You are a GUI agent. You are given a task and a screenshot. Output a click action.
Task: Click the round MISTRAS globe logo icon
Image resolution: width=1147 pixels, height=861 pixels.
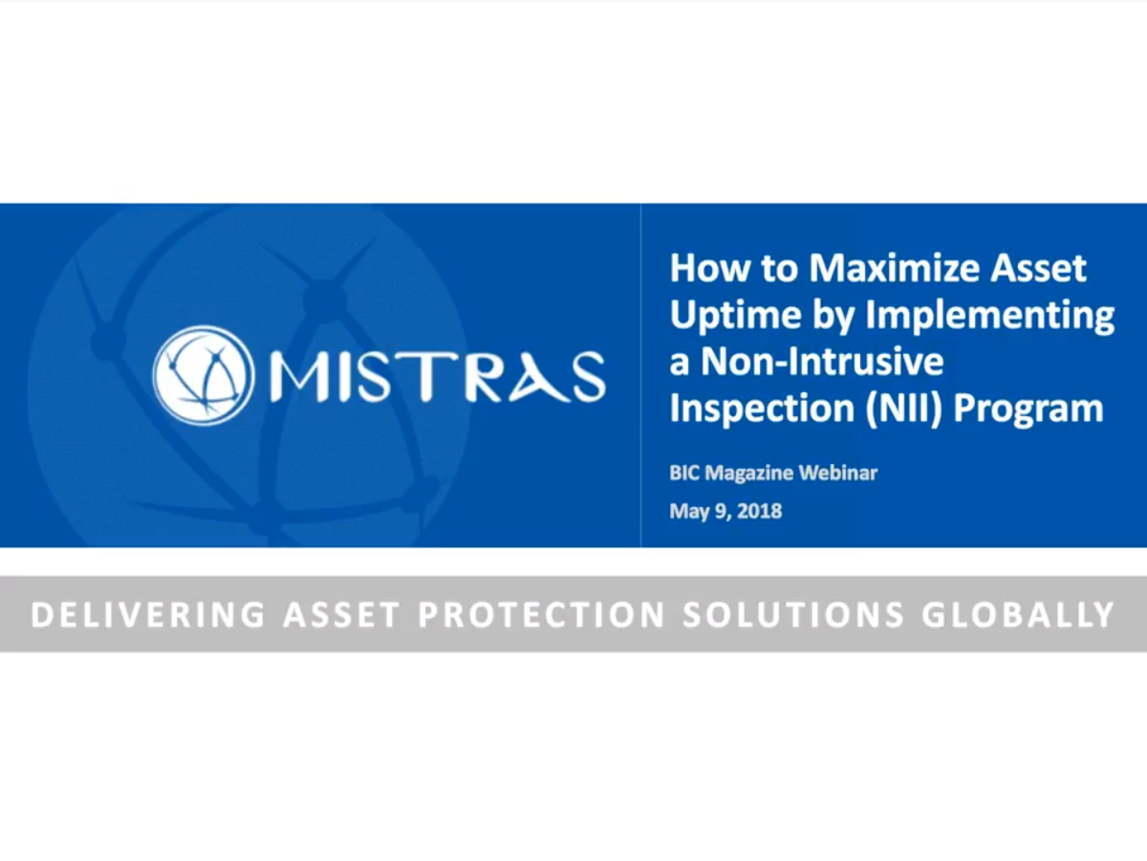(203, 374)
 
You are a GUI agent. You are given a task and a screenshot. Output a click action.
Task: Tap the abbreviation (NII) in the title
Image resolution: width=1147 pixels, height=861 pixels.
(903, 408)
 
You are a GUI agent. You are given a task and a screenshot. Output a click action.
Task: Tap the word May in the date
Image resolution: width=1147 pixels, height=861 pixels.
(688, 511)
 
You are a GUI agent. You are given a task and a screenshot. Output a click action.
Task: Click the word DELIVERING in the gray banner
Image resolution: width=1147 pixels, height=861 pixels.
(147, 614)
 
